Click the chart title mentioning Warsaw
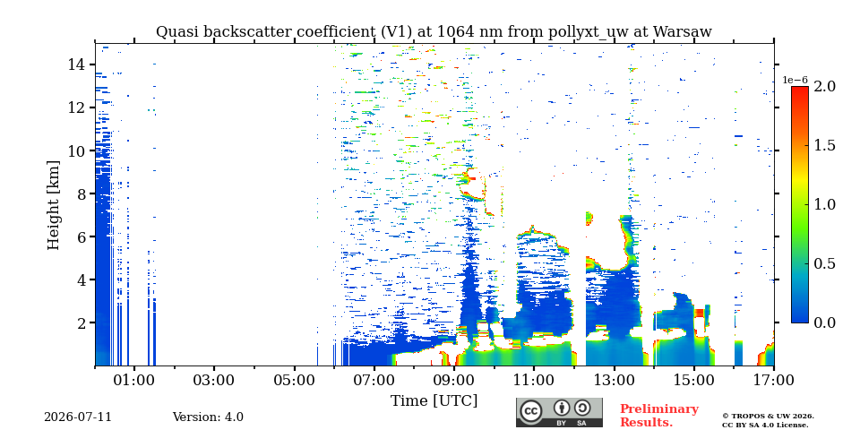pos(434,32)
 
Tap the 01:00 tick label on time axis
pos(135,380)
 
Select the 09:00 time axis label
pos(454,380)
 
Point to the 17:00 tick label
pos(774,380)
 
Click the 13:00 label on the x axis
pos(615,380)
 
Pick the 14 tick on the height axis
pos(77,64)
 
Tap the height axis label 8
pos(82,193)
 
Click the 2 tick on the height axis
pos(82,322)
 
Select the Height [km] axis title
pos(53,205)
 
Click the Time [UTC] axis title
pos(434,400)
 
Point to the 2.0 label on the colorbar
pos(824,87)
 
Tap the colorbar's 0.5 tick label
pos(824,263)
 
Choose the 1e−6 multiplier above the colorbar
pos(795,80)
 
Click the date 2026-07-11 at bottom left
pos(78,417)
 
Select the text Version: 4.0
pos(208,417)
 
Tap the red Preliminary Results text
pos(659,416)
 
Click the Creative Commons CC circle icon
pos(531,411)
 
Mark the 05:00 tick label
pos(295,380)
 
